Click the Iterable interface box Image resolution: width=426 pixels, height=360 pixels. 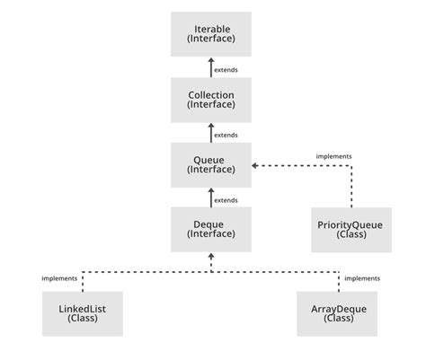[x=211, y=35]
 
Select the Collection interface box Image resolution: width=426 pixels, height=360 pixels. [x=211, y=100]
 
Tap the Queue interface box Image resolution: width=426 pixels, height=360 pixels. [x=211, y=165]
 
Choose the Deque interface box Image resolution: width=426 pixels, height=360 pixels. [x=211, y=229]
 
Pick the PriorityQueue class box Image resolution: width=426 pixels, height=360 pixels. [x=351, y=229]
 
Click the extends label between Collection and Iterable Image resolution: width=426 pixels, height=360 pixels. [x=226, y=69]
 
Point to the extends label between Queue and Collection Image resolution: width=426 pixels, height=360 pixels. [x=226, y=135]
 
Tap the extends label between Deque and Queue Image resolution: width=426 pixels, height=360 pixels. [x=226, y=199]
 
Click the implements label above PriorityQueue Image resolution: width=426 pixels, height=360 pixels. [x=333, y=156]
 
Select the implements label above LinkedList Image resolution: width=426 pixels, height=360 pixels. [x=59, y=278]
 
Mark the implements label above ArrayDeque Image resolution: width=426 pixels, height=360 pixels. [x=362, y=278]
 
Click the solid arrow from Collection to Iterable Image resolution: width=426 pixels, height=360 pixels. [x=211, y=68]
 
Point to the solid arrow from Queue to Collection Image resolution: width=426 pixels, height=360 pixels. [x=211, y=133]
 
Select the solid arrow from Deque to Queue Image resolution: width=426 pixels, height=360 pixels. [x=211, y=198]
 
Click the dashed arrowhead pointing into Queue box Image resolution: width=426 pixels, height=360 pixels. [x=256, y=165]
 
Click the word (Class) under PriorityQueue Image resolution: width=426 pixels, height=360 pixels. [x=351, y=234]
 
